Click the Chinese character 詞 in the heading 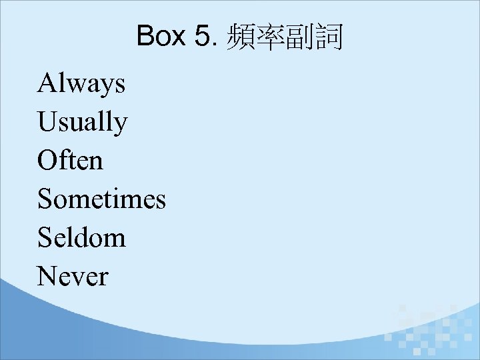click(x=329, y=38)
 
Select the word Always click(x=81, y=85)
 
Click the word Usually click(x=82, y=123)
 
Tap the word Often click(x=70, y=161)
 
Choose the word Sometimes click(x=101, y=199)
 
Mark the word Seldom click(x=81, y=237)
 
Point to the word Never click(x=72, y=276)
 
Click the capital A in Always click(x=47, y=83)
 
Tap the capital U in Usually click(x=48, y=122)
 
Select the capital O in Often click(x=48, y=161)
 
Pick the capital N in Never click(x=48, y=276)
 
